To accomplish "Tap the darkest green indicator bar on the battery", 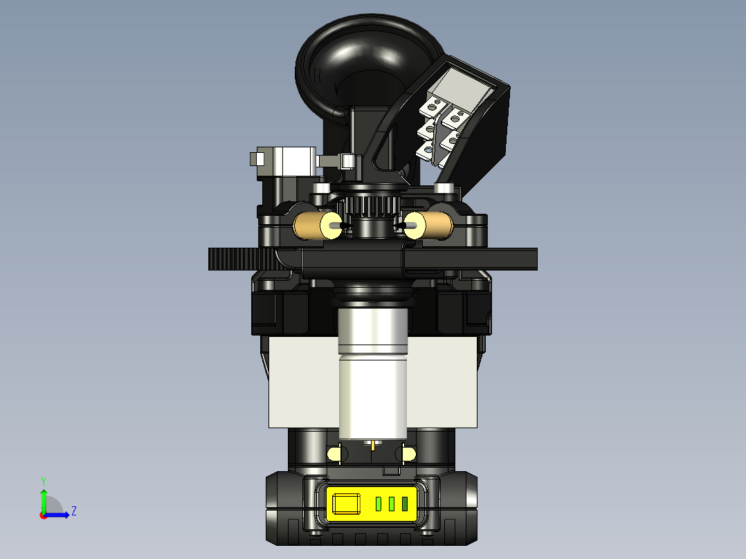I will (405, 504).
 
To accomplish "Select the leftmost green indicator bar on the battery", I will (379, 504).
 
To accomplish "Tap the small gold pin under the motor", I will (374, 444).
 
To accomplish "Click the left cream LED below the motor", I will (336, 454).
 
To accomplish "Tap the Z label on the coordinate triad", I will (73, 511).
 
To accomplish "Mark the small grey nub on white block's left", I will (254, 161).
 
